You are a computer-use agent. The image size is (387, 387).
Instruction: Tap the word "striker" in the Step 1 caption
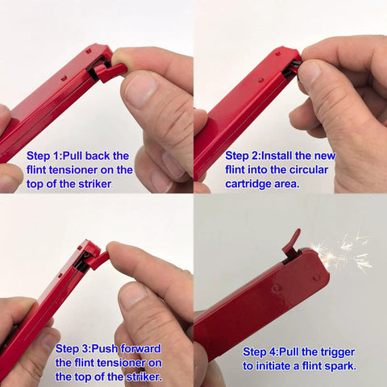(95, 184)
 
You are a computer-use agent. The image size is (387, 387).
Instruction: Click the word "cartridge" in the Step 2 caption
(248, 185)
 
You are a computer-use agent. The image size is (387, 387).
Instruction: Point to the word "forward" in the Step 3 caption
(140, 349)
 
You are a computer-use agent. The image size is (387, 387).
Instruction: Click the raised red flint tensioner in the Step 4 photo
(291, 243)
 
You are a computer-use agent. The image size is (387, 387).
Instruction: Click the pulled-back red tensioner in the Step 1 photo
(110, 73)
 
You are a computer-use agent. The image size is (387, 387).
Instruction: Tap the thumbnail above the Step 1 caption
(142, 90)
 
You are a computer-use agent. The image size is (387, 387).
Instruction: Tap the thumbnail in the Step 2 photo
(310, 73)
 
